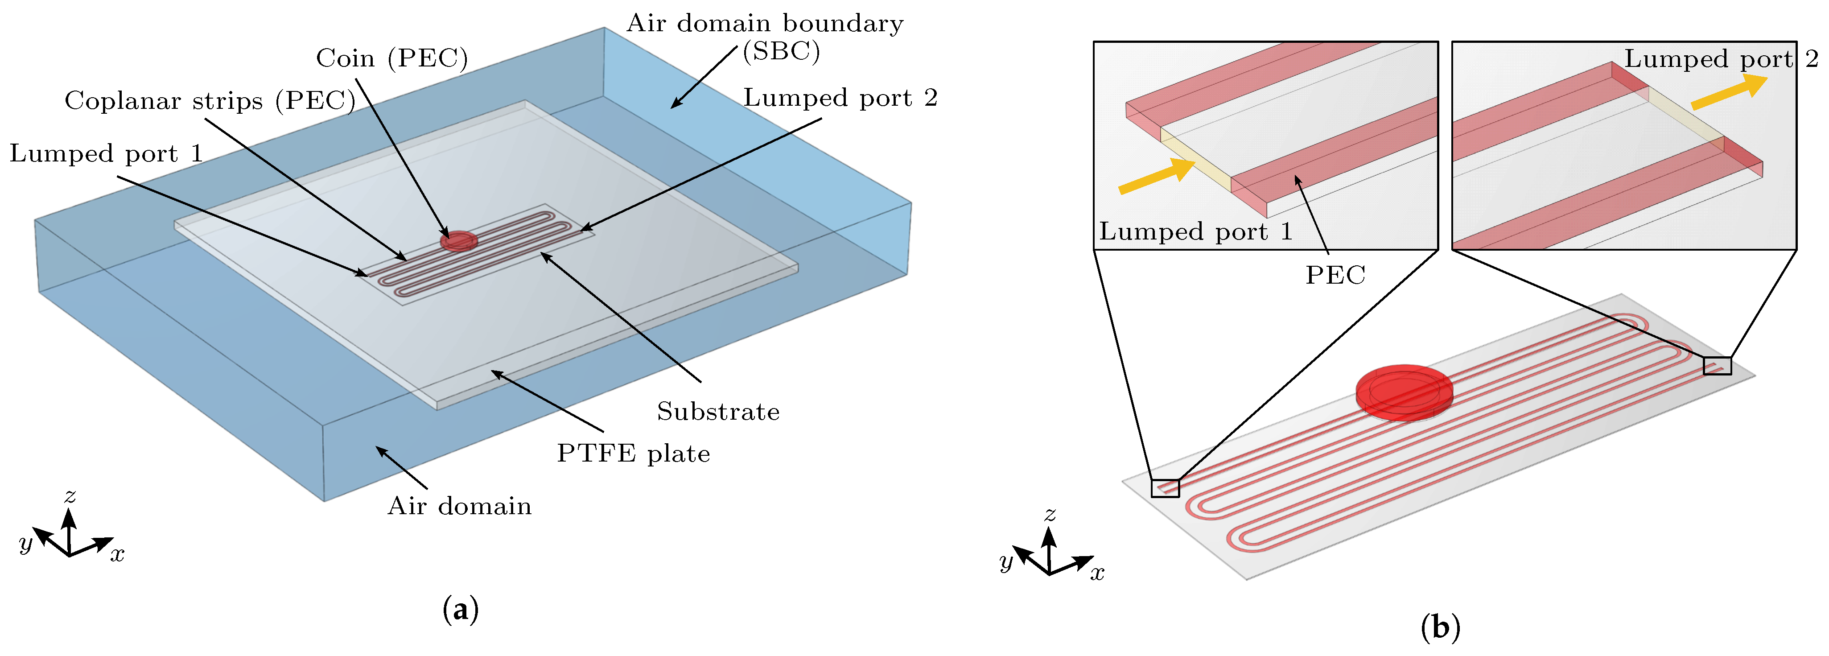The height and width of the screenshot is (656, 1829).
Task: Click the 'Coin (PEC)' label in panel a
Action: coord(392,58)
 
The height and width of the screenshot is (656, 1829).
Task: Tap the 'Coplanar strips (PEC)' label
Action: coord(210,101)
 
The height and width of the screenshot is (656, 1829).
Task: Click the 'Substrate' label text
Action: coord(718,412)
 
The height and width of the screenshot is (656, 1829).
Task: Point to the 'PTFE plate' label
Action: coord(633,454)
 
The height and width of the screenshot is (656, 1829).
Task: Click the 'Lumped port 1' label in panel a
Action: coord(107,154)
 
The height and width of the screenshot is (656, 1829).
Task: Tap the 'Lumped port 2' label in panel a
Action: coord(840,98)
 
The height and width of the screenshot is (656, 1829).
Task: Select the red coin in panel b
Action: coord(1404,392)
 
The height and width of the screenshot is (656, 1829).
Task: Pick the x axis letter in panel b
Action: coord(1098,573)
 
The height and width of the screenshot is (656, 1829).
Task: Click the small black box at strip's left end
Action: coord(1165,488)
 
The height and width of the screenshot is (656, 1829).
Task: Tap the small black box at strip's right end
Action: coord(1717,366)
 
